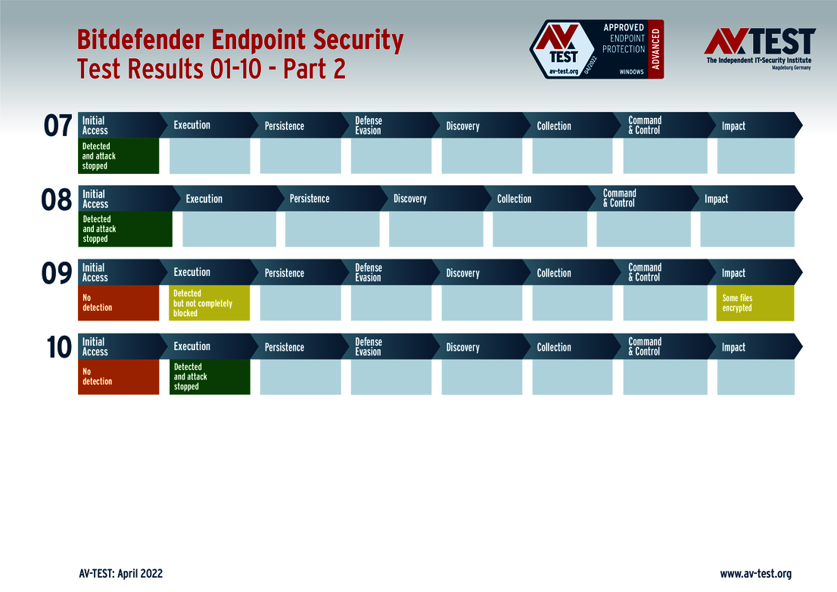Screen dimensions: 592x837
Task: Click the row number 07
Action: (58, 126)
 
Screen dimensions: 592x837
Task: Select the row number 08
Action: (57, 200)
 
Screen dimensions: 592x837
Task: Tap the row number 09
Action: (57, 273)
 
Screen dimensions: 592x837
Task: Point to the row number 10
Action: (58, 347)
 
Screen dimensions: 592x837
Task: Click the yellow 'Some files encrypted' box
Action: (755, 303)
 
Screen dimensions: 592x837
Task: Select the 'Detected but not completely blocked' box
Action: (210, 303)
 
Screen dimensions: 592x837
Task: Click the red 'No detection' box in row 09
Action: (119, 303)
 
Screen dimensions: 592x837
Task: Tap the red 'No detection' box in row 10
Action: (119, 377)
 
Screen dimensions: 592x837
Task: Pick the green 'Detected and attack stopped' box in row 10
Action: (210, 377)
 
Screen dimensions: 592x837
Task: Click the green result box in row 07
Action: (119, 156)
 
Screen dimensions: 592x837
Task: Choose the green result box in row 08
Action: (125, 229)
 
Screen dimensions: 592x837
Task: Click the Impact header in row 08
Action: (716, 199)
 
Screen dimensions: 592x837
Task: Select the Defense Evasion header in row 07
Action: (369, 126)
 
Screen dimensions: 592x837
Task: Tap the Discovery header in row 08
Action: (410, 199)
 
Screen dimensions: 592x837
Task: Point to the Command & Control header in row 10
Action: (645, 347)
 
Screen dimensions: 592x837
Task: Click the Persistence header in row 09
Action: (285, 273)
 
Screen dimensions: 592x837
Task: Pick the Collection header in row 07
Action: (554, 126)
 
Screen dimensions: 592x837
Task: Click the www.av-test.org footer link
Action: (755, 574)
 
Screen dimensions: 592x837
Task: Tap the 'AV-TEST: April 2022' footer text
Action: (120, 574)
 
